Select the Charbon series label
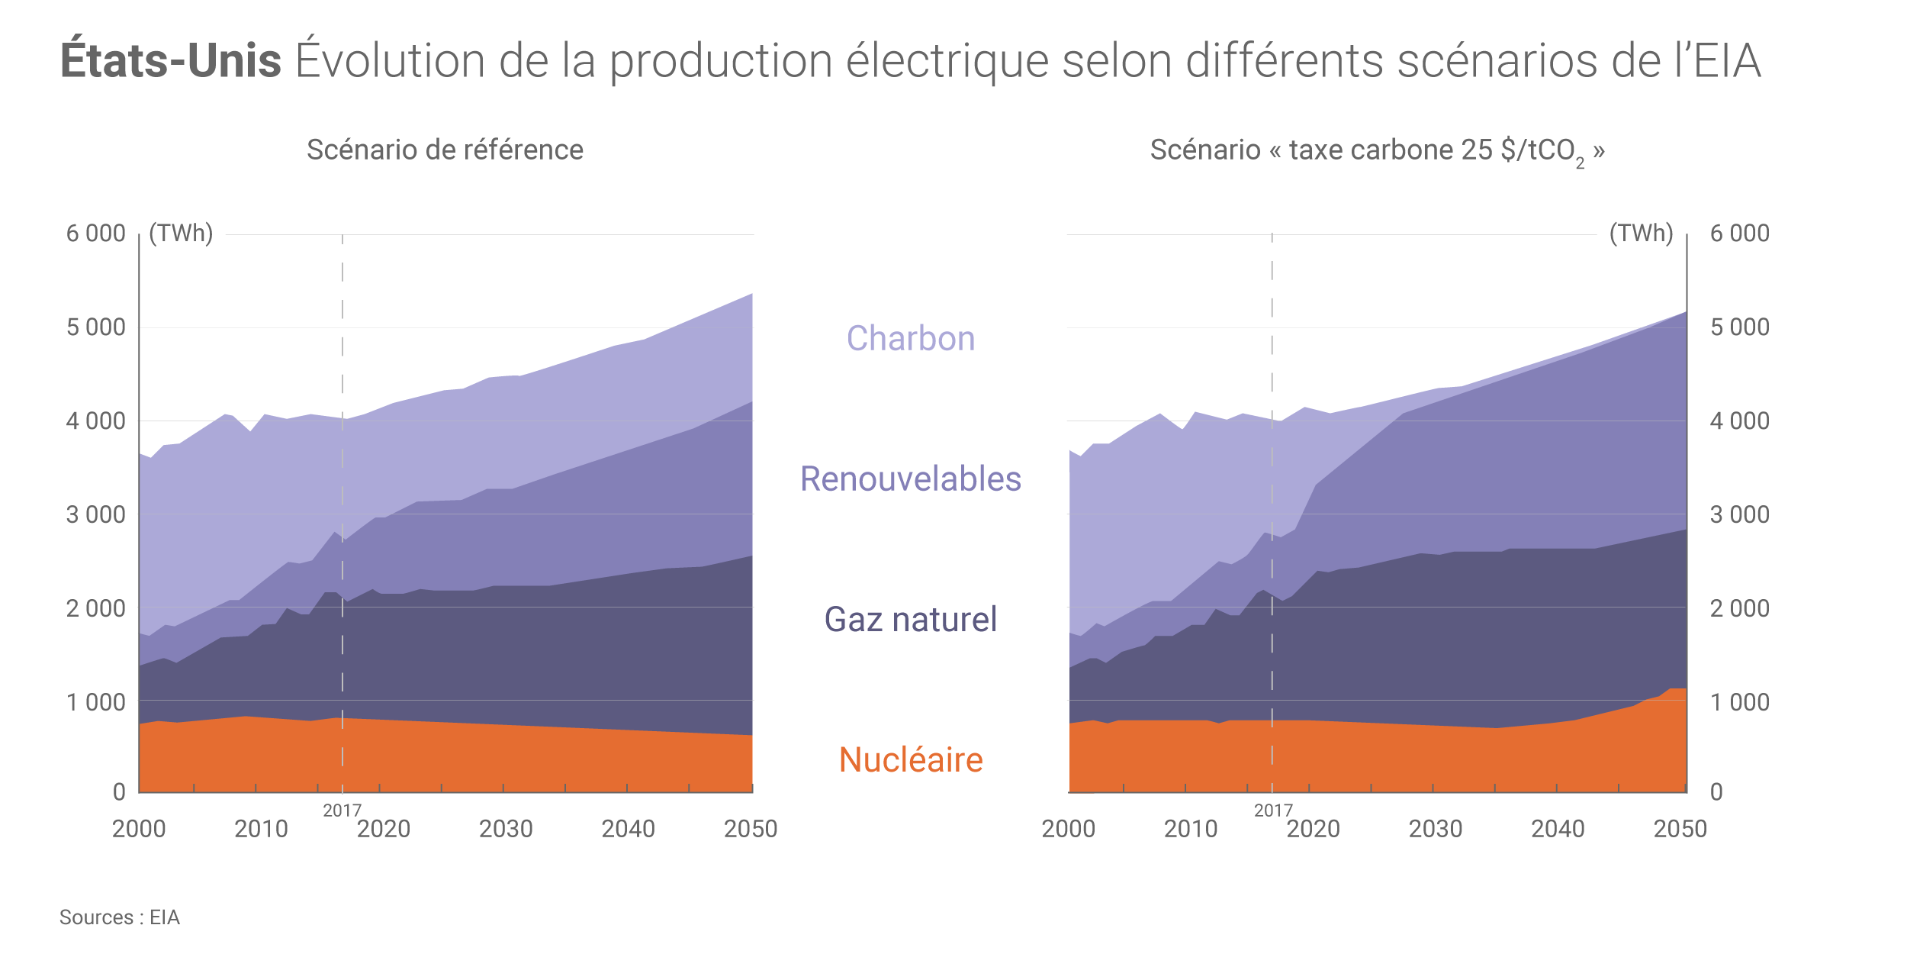tap(911, 338)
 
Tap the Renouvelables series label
tap(910, 479)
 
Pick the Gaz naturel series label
tap(910, 620)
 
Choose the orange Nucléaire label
tap(911, 760)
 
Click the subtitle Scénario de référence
tap(445, 150)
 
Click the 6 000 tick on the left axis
tap(95, 234)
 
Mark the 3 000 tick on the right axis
tap(1739, 515)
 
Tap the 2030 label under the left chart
tap(506, 829)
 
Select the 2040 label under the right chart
tap(1558, 829)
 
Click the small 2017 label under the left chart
tap(342, 811)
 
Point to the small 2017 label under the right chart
tap(1273, 811)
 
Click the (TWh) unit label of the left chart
tap(181, 233)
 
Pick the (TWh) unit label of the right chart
tap(1641, 233)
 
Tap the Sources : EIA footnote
tap(120, 917)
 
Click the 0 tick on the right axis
tap(1716, 792)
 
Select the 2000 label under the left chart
tap(139, 829)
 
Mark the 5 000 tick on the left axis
tap(95, 327)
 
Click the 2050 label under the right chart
tap(1680, 829)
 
